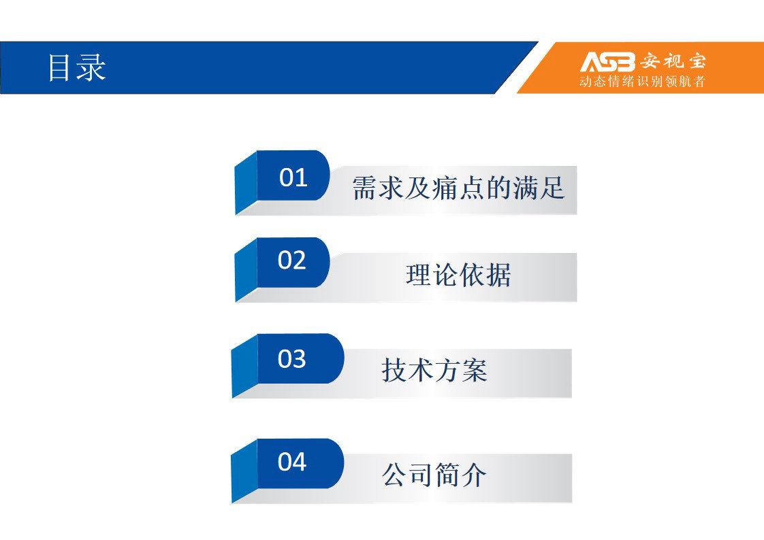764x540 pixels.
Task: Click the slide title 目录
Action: point(76,67)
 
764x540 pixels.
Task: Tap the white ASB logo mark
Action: point(607,62)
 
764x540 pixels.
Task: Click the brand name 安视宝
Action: point(673,61)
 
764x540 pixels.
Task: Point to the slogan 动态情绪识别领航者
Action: point(642,81)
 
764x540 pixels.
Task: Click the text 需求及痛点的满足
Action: point(458,188)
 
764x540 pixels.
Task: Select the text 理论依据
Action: point(458,275)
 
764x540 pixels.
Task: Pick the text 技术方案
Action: point(434,370)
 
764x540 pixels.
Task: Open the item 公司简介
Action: point(434,475)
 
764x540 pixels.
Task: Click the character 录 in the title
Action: point(92,67)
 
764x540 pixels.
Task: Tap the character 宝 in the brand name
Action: point(697,61)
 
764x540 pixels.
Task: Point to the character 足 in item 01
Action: point(552,188)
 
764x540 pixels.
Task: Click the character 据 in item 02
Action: point(498,275)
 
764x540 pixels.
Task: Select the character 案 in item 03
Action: point(474,370)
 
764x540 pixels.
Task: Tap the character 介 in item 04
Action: point(474,475)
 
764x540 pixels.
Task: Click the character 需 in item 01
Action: point(365,188)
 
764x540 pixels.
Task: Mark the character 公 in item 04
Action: point(395,475)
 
